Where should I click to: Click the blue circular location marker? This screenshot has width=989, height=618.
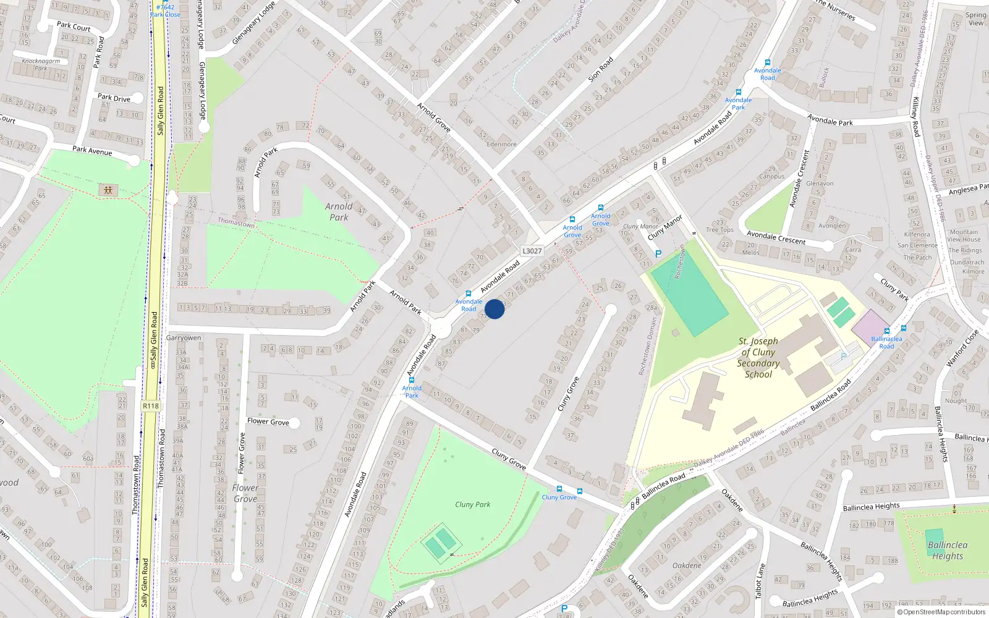(x=494, y=309)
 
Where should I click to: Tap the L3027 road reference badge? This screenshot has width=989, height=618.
(x=532, y=251)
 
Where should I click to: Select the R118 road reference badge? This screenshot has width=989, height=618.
(x=150, y=406)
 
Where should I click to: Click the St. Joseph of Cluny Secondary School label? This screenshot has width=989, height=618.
(x=758, y=357)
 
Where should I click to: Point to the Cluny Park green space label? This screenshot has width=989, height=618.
(x=472, y=504)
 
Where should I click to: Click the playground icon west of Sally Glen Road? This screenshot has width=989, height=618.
(x=108, y=190)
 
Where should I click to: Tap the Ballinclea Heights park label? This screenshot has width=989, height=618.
(x=947, y=550)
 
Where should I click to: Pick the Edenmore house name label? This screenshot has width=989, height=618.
(x=501, y=144)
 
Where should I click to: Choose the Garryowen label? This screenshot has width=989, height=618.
(x=184, y=338)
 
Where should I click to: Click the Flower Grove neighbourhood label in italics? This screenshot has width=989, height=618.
(x=245, y=493)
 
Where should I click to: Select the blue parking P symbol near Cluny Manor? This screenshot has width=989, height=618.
(x=658, y=254)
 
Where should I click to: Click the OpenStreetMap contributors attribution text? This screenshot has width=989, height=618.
(x=941, y=612)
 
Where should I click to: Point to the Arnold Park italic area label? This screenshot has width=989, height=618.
(x=339, y=212)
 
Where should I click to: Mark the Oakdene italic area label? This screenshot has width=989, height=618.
(x=687, y=565)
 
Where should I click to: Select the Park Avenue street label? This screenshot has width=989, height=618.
(x=92, y=150)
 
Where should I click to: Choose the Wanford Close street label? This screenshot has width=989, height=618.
(x=962, y=348)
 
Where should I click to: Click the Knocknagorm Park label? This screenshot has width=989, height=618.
(x=41, y=64)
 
